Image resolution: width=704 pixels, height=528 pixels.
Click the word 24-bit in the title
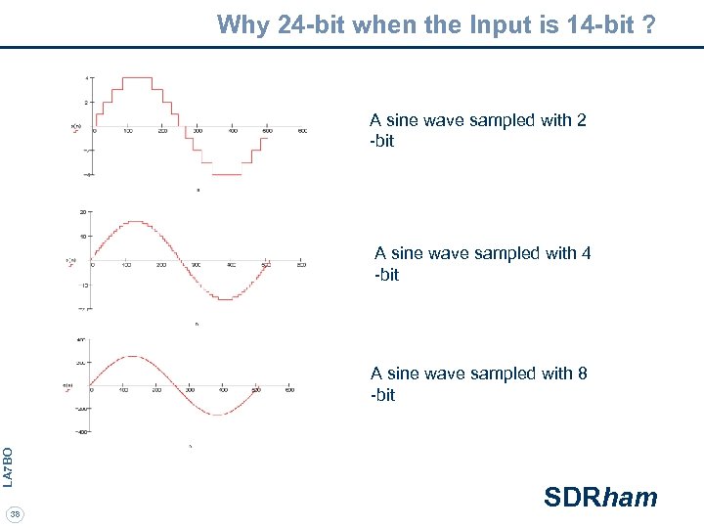[x=312, y=24]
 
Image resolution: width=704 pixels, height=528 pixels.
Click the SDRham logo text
[x=600, y=498]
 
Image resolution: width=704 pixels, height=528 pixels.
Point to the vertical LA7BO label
[x=8, y=467]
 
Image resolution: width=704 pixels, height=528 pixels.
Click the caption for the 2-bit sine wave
[x=477, y=131]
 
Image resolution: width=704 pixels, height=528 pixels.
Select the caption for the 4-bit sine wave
[x=482, y=264]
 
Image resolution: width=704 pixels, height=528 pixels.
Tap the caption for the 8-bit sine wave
[x=478, y=384]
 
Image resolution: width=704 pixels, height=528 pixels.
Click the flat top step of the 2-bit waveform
[x=137, y=77]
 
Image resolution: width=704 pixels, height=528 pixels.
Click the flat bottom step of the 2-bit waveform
[x=227, y=174]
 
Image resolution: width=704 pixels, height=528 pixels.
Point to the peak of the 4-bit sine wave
[x=135, y=223]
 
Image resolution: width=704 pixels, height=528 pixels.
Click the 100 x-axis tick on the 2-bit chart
[x=128, y=131]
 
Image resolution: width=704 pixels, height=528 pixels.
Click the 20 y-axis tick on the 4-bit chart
[x=84, y=211]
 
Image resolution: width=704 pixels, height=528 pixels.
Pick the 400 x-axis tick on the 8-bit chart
[x=223, y=390]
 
